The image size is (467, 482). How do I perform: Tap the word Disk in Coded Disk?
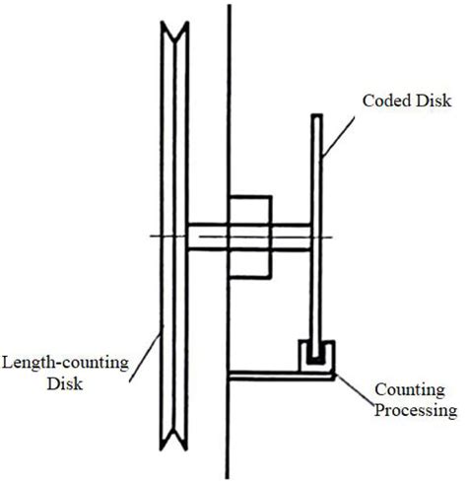(428, 101)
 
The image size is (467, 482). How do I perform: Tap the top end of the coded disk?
(317, 118)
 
